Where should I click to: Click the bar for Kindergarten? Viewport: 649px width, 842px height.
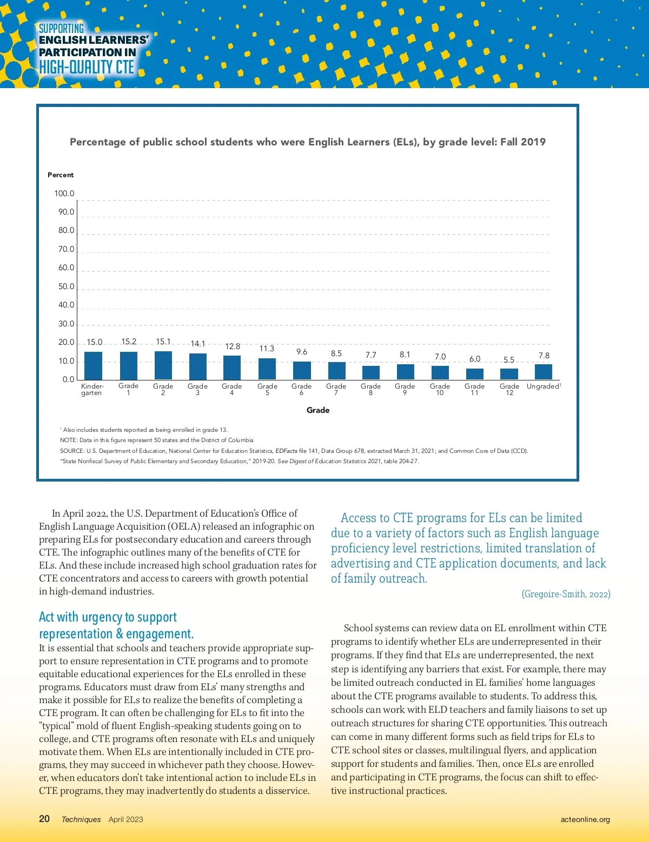(93, 366)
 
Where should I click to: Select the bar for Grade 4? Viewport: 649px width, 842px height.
(232, 367)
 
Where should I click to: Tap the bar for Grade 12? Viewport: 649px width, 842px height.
(509, 374)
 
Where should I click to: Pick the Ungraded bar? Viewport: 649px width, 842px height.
(544, 372)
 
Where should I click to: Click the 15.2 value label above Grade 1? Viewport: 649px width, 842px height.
(129, 342)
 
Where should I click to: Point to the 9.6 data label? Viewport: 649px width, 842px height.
(302, 352)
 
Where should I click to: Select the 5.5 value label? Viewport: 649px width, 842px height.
(509, 360)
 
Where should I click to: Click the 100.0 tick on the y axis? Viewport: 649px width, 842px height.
(64, 193)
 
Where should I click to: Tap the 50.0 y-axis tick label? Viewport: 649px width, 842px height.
(67, 286)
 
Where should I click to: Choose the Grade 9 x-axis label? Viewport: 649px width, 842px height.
(405, 389)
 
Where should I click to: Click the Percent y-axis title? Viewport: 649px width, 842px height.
(61, 175)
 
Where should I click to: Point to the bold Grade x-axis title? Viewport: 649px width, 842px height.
(318, 410)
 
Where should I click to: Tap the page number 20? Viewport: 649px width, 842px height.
(44, 819)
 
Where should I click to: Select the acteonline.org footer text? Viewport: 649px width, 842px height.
(585, 819)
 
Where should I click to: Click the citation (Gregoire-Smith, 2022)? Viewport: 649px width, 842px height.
(566, 594)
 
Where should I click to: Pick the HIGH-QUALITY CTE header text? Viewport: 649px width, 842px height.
(87, 67)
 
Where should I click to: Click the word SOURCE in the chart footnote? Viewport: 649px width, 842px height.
(71, 451)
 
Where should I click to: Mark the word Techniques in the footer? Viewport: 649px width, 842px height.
(81, 819)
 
